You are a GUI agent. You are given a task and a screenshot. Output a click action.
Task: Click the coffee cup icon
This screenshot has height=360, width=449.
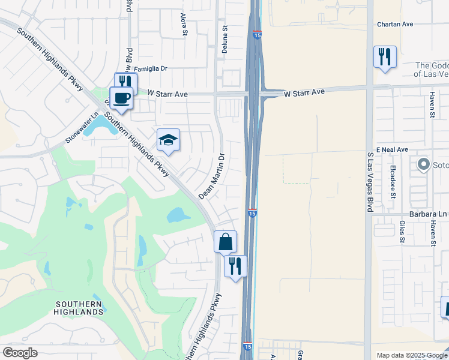coord(121,97)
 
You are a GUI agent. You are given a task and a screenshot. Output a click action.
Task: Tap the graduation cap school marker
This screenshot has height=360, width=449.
coord(168,140)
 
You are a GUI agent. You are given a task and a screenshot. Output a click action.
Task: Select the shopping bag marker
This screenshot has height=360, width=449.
coord(225,242)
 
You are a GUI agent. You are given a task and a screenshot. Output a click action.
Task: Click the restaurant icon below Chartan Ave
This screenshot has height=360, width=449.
coord(385,57)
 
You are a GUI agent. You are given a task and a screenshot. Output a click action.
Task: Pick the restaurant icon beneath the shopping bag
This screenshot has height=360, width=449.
coord(235,266)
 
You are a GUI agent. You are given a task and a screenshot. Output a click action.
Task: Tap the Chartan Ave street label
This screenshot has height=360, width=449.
coord(396,25)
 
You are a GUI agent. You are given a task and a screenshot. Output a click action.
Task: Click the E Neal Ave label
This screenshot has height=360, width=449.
coord(392,149)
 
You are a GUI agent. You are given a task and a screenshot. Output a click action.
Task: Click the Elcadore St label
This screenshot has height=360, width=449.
coord(393,182)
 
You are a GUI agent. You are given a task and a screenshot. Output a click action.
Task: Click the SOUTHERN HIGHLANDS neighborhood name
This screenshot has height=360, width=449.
coord(79,308)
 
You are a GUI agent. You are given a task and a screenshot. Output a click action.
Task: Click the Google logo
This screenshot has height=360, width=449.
coord(20,353)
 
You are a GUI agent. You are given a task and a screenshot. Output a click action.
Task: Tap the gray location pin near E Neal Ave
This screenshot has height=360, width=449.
coord(424,164)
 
